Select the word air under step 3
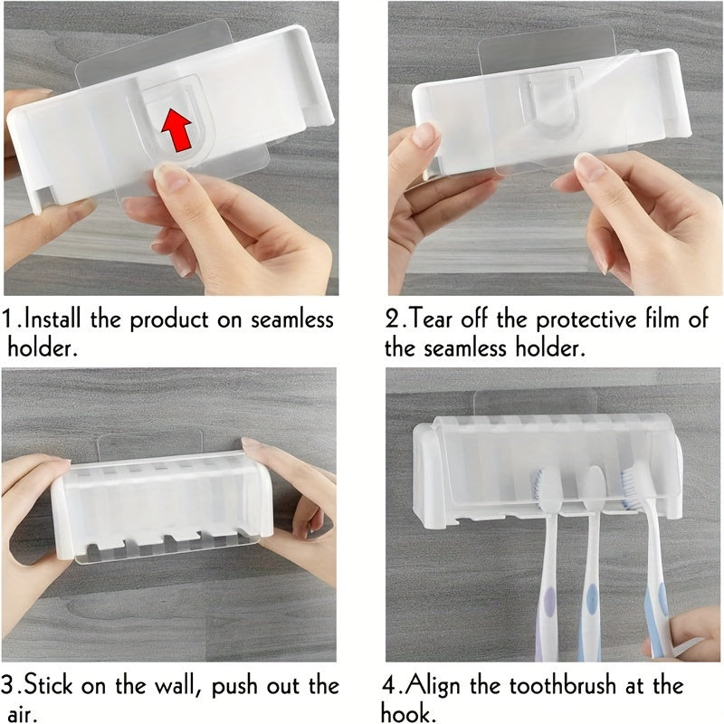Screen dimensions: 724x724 point(23,712)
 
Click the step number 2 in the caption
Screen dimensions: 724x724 point(394,319)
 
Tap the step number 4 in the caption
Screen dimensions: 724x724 point(393,685)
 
